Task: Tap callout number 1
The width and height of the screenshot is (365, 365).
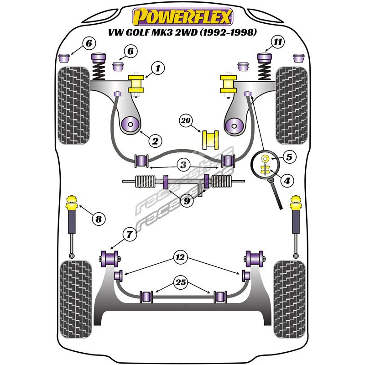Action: pyautogui.click(x=157, y=69)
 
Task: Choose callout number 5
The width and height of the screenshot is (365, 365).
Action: pyautogui.click(x=289, y=157)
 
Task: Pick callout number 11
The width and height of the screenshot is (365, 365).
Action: pyautogui.click(x=278, y=43)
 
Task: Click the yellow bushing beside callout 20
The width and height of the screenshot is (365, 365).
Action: pyautogui.click(x=210, y=139)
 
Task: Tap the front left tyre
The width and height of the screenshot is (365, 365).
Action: pyautogui.click(x=73, y=103)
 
